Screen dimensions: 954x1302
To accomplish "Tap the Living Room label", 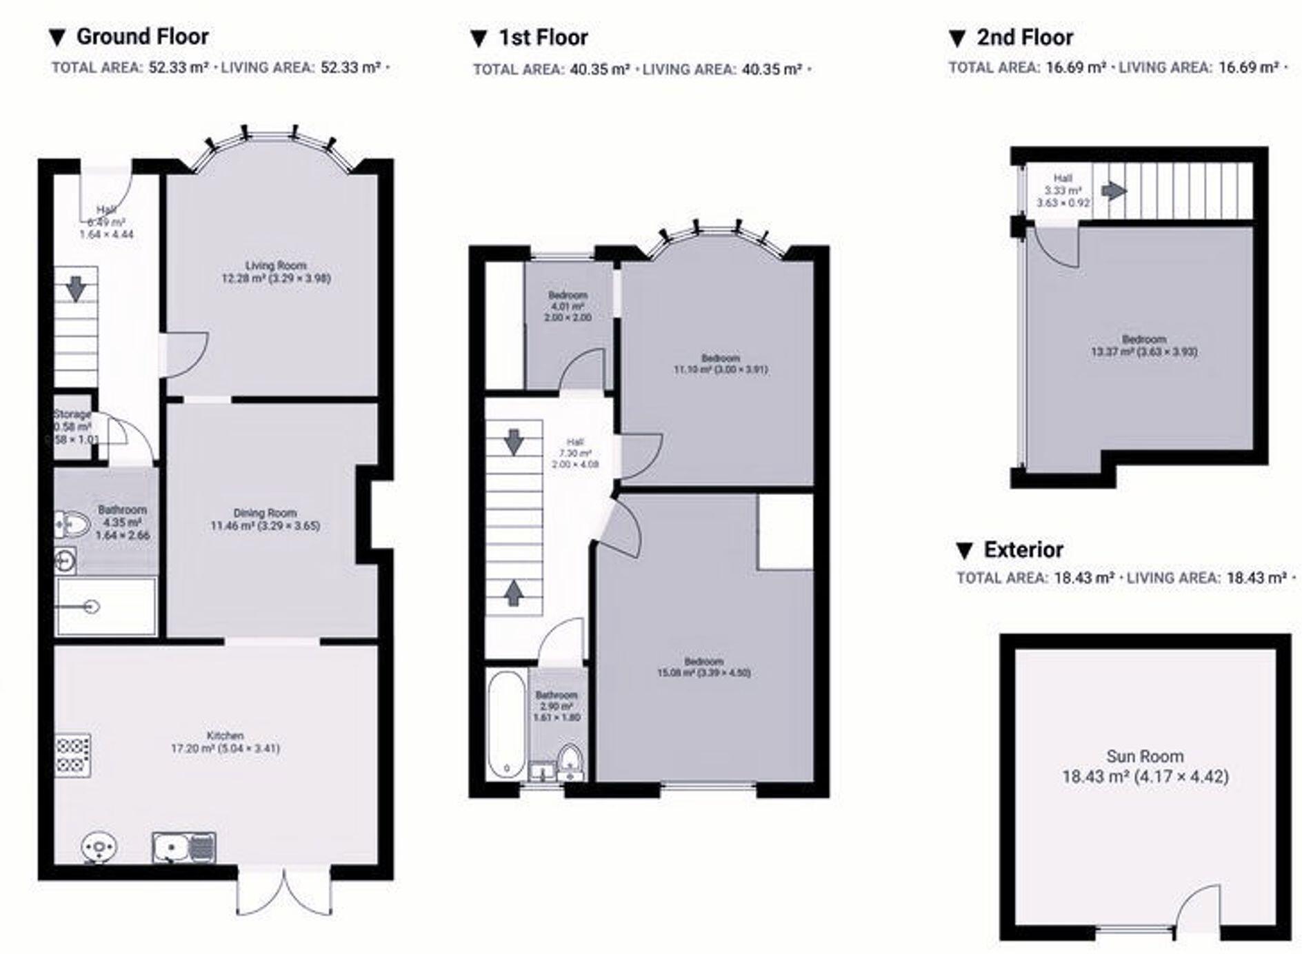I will pyautogui.click(x=276, y=272).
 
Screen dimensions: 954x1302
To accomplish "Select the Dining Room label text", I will pyautogui.click(x=265, y=519).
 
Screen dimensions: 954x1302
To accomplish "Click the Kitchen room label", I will pyautogui.click(x=226, y=742).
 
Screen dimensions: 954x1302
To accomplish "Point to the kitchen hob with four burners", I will pyautogui.click(x=73, y=754).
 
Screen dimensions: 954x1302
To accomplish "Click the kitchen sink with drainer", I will pyautogui.click(x=183, y=847).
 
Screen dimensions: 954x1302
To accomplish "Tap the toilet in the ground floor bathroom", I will pyautogui.click(x=72, y=525).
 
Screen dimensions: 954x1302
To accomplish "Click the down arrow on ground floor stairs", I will pyautogui.click(x=76, y=289).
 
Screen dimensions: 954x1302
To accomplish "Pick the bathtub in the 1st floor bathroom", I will pyautogui.click(x=507, y=725).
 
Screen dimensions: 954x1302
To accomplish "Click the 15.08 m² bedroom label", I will pyautogui.click(x=703, y=667).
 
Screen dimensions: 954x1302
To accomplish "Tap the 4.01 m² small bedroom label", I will pyautogui.click(x=568, y=306).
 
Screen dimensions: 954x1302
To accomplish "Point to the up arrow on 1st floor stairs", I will pyautogui.click(x=513, y=592).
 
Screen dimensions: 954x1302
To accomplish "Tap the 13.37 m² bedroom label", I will pyautogui.click(x=1144, y=345).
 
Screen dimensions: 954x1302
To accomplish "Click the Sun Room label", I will pyautogui.click(x=1145, y=766).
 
